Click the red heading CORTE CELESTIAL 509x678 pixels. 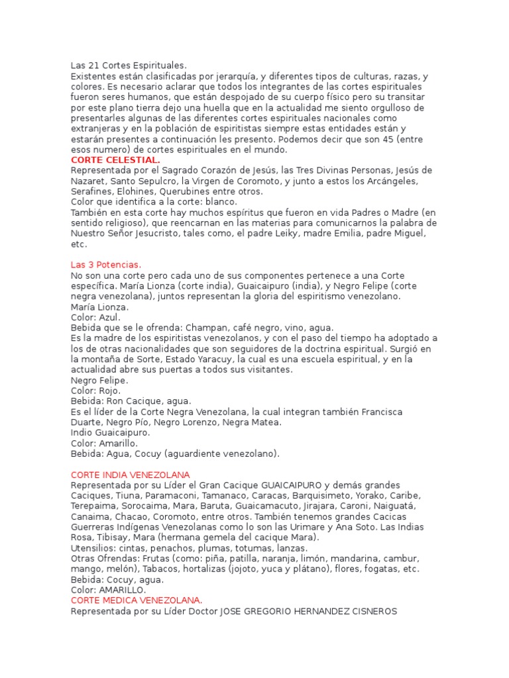[x=115, y=160]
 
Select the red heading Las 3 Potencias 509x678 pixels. [x=106, y=265]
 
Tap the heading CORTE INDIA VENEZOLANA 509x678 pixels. [x=130, y=475]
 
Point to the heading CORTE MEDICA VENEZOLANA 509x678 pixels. [x=137, y=601]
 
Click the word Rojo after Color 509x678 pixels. [x=109, y=391]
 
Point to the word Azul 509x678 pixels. [x=110, y=317]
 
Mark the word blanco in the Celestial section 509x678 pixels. [x=222, y=201]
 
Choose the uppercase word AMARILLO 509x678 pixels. [x=123, y=590]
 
